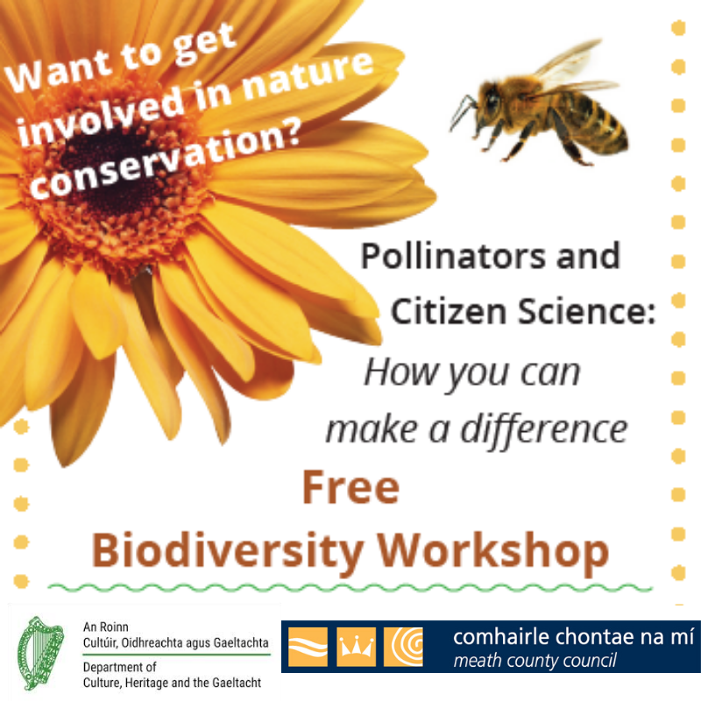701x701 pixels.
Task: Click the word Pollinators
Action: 452,257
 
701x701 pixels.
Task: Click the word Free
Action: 351,487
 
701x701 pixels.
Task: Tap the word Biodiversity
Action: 227,552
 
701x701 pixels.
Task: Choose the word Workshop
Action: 493,551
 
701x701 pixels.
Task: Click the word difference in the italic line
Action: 544,430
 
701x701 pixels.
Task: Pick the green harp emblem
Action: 40,654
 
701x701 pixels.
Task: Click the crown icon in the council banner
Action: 356,647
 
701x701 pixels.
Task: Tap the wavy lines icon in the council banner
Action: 308,647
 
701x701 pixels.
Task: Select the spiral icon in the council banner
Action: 403,647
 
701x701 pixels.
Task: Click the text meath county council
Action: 535,661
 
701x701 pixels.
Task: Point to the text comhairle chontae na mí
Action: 574,637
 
